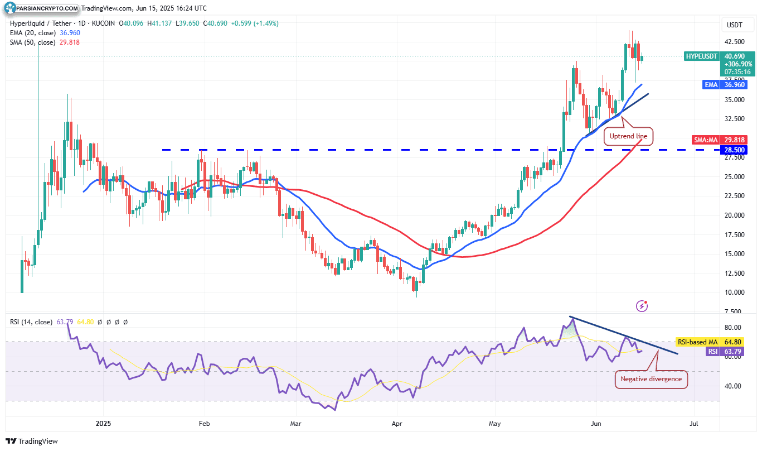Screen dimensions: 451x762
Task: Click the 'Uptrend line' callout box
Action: point(628,136)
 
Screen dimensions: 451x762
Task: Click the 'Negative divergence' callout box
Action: point(651,379)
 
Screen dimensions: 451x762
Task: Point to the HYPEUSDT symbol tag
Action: point(701,56)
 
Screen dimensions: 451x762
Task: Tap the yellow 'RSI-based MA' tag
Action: point(697,342)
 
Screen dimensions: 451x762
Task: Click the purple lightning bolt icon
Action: point(643,305)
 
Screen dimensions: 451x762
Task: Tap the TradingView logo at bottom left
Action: point(32,441)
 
